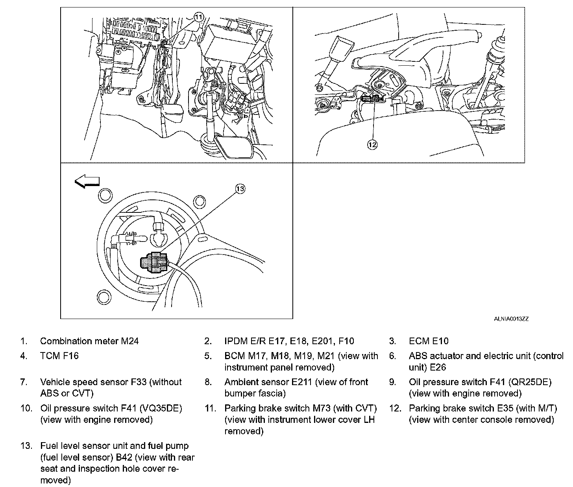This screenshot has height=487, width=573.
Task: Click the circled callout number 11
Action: (x=199, y=17)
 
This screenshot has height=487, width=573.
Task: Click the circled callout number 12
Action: (x=372, y=145)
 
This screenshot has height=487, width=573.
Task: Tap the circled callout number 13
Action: (x=240, y=189)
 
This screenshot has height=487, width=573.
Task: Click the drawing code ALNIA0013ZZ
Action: (x=511, y=319)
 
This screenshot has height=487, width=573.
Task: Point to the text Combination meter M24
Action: (x=89, y=341)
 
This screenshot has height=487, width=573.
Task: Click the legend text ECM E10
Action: (x=429, y=341)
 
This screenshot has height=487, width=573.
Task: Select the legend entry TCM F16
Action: (x=59, y=356)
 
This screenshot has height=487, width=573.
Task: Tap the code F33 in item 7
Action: (x=139, y=382)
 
